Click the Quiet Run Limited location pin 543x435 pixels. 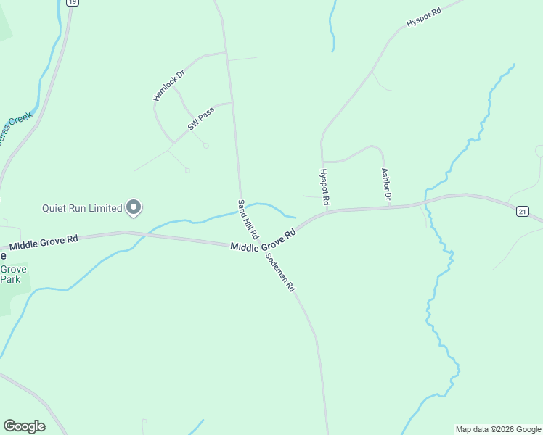[x=134, y=207]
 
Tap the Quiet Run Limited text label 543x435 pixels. [x=81, y=209]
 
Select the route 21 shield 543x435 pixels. [x=523, y=211]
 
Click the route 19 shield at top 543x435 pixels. [x=71, y=2]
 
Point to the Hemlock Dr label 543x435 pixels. [x=169, y=86]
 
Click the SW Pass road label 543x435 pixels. [x=201, y=119]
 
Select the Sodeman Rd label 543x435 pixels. [x=281, y=272]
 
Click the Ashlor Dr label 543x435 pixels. [x=386, y=185]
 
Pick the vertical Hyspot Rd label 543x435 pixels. [x=324, y=187]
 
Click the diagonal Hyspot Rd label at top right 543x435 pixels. [x=424, y=17]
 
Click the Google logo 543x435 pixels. [x=24, y=426]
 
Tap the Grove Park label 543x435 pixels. [x=12, y=274]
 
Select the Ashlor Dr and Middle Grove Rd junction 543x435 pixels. [x=389, y=208]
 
